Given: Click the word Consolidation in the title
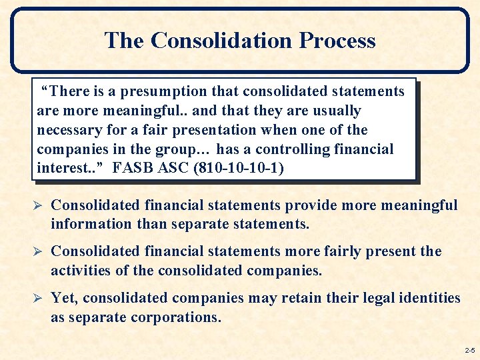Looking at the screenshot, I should [x=222, y=41].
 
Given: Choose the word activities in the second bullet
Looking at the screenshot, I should [x=81, y=271].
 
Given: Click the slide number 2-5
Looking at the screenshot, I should [x=469, y=350].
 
